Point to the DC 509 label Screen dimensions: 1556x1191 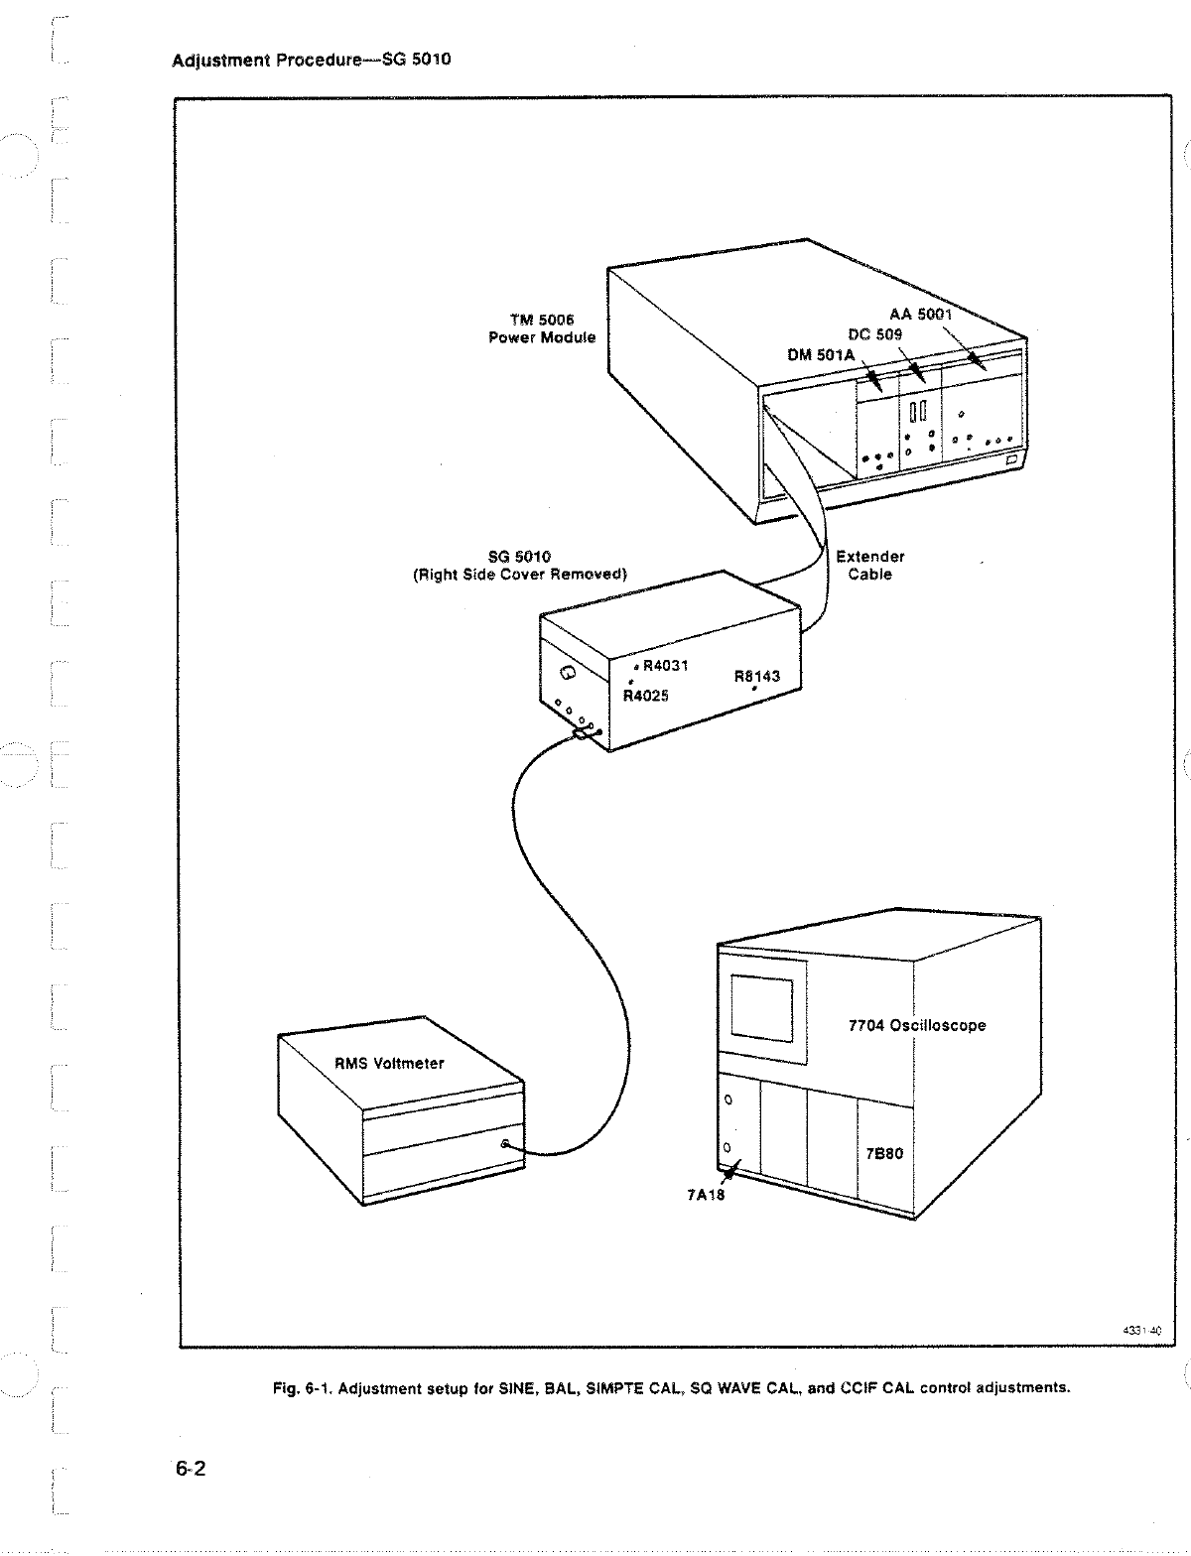tap(874, 334)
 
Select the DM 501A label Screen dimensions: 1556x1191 tap(821, 355)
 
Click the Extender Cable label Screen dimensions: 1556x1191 tap(869, 565)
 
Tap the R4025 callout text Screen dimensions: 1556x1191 tap(646, 695)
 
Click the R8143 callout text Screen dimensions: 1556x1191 tap(757, 676)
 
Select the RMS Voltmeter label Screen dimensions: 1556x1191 tap(389, 1063)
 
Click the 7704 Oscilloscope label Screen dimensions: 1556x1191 tap(916, 1025)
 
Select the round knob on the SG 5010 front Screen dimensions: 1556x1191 tap(567, 674)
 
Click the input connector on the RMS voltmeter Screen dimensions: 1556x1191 tap(506, 1144)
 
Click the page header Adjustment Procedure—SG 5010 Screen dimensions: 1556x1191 tap(312, 60)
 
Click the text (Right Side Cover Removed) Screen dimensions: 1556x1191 tap(519, 574)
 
